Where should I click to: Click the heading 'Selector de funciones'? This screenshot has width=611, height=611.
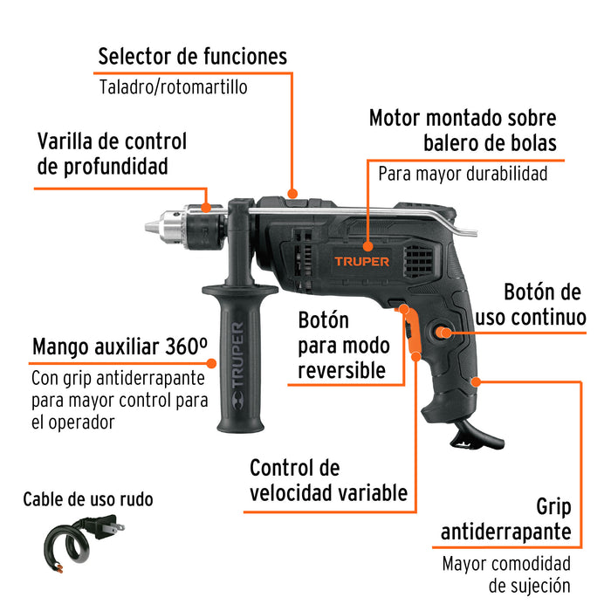pyautogui.click(x=192, y=57)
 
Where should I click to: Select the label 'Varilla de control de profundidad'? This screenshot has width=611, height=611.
pyautogui.click(x=111, y=153)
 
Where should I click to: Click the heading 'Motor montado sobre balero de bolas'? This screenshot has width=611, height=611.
pyautogui.click(x=462, y=129)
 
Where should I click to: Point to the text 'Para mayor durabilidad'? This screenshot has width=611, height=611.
pyautogui.click(x=463, y=173)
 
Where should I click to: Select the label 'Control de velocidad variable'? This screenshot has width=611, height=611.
pyautogui.click(x=328, y=481)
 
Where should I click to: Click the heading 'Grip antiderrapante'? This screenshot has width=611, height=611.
pyautogui.click(x=506, y=519)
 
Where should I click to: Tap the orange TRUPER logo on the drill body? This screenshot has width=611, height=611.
pyautogui.click(x=361, y=260)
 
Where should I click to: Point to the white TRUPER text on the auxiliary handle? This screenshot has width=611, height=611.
pyautogui.click(x=238, y=359)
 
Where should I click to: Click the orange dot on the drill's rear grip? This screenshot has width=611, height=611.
pyautogui.click(x=476, y=381)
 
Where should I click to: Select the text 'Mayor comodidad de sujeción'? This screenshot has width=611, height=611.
pyautogui.click(x=506, y=574)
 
